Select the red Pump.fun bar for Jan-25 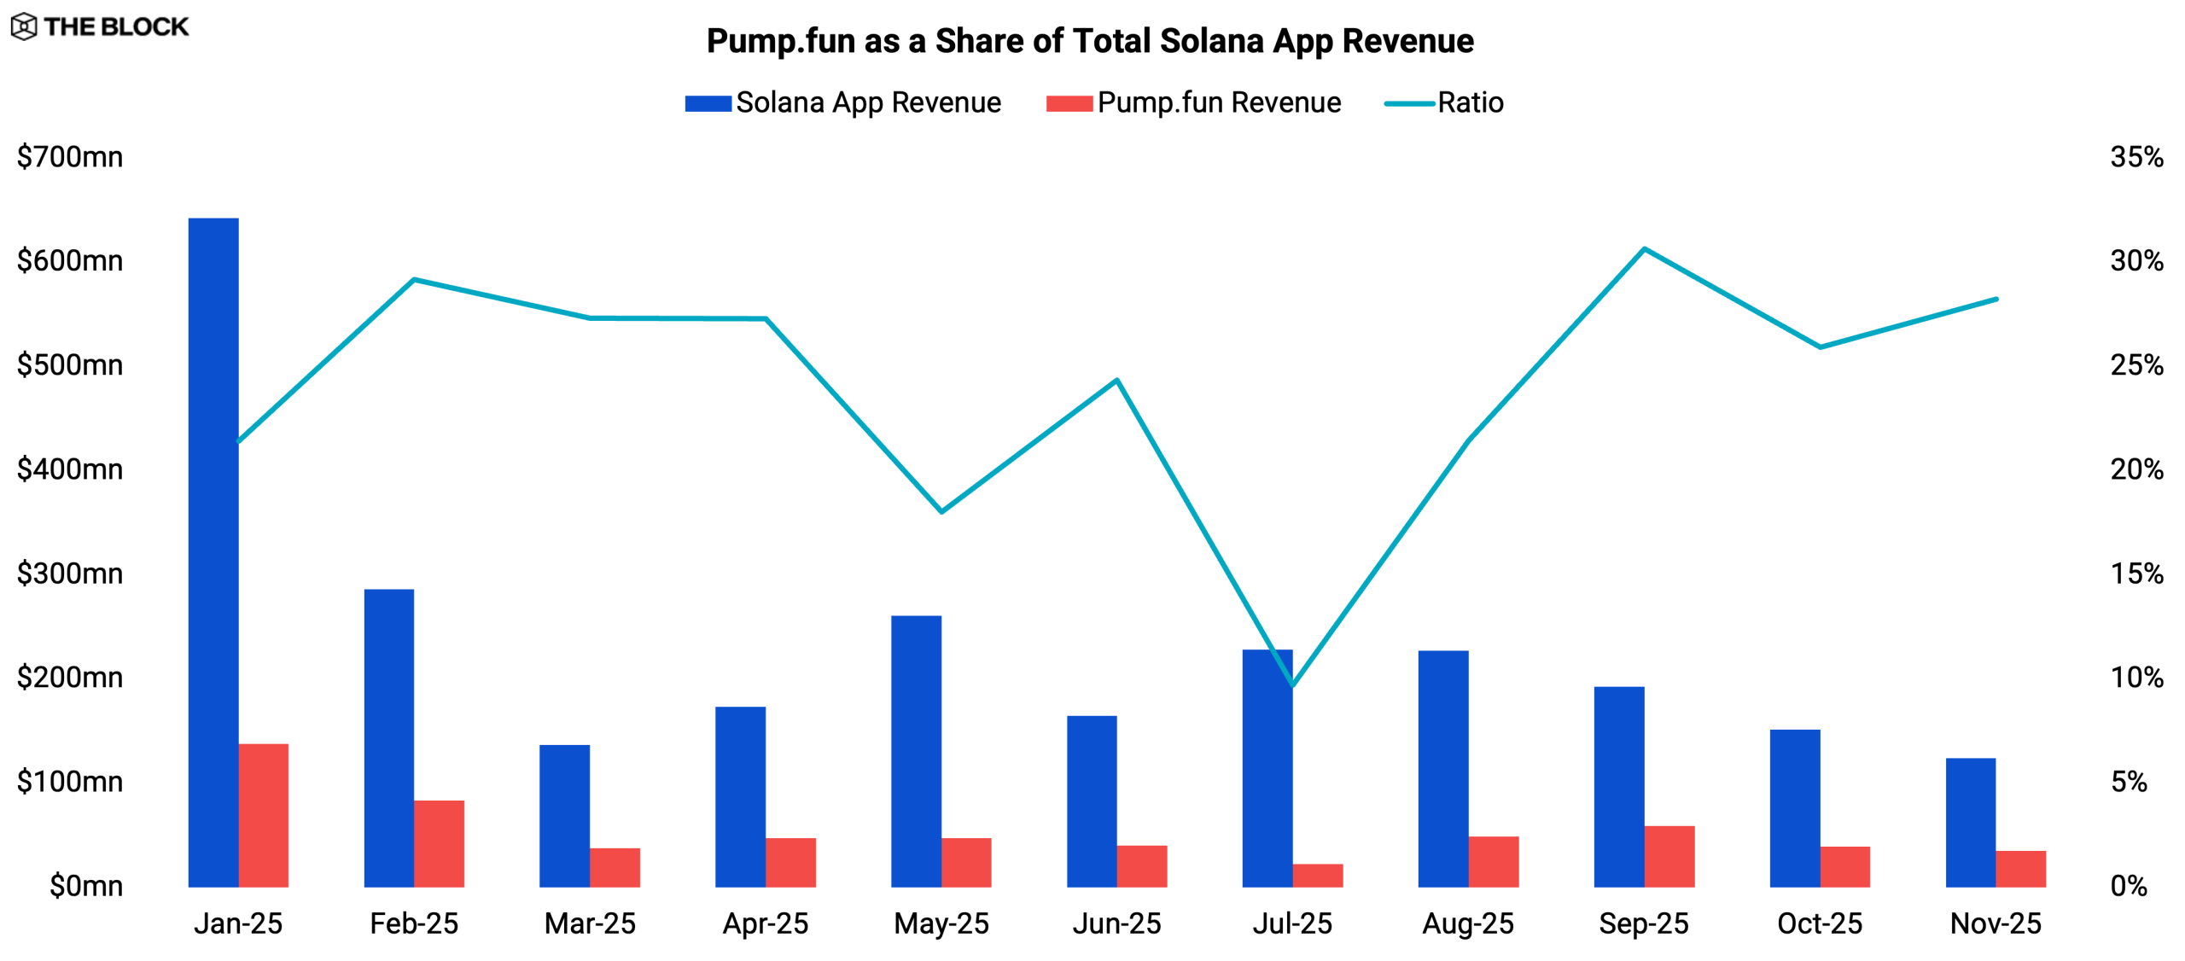click(x=264, y=815)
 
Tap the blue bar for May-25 click(x=916, y=751)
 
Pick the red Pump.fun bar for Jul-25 click(x=1318, y=876)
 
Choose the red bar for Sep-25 click(x=1669, y=856)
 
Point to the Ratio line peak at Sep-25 click(x=1644, y=249)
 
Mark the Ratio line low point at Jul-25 click(x=1293, y=684)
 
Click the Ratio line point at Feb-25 click(x=414, y=279)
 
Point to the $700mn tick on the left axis click(x=70, y=157)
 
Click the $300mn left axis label click(x=70, y=574)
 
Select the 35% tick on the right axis click(x=2136, y=157)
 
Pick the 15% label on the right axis click(x=2136, y=574)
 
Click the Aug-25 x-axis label click(x=1468, y=923)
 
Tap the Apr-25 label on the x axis click(x=766, y=923)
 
